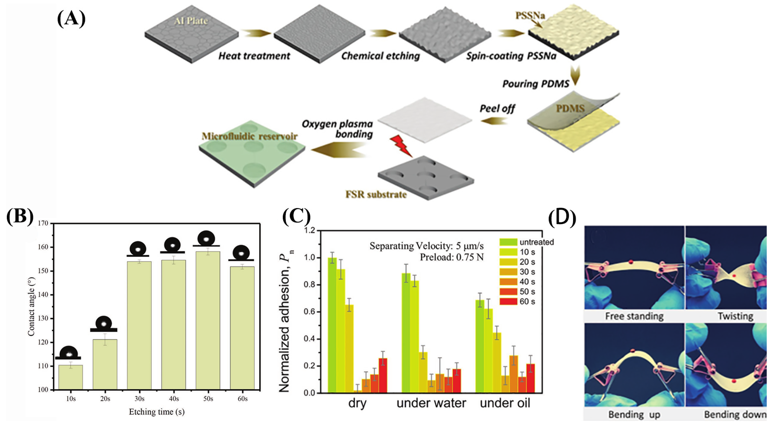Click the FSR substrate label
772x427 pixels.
[x=376, y=195]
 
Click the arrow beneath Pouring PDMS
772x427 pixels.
[x=575, y=75]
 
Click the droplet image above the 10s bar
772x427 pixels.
[x=69, y=352]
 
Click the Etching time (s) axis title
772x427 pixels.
[x=156, y=412]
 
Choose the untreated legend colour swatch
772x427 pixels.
[x=508, y=242]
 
